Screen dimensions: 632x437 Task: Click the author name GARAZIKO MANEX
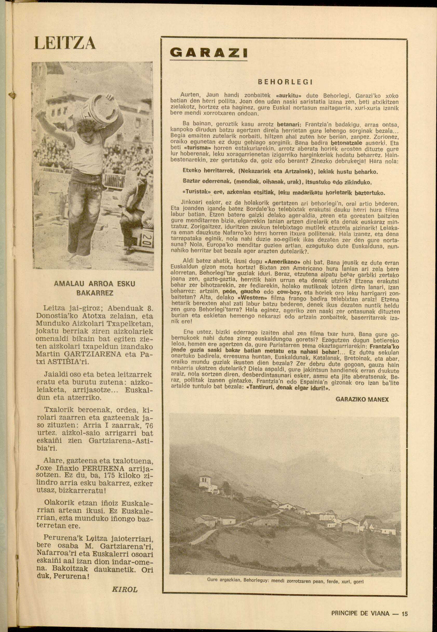coord(362,400)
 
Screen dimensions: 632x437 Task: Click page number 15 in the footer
coord(405,606)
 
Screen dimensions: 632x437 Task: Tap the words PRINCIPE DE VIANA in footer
coord(360,606)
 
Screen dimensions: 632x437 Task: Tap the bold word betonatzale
coord(346,143)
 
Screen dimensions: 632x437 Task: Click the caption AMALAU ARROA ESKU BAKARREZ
coord(95,288)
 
